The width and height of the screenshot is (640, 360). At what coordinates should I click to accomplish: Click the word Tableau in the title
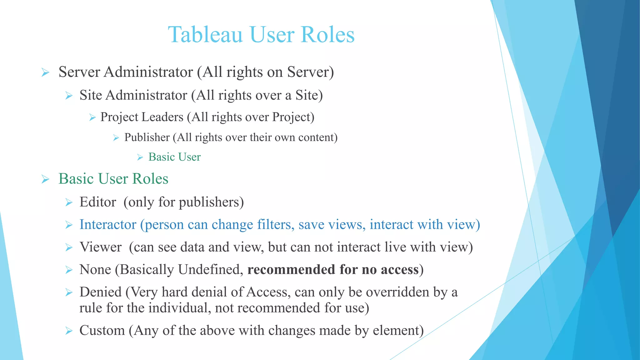205,34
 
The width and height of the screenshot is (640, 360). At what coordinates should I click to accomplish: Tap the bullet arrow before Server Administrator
45,73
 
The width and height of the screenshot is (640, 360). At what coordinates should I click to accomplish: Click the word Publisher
147,137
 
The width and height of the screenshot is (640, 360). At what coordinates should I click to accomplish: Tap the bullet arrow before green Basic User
140,157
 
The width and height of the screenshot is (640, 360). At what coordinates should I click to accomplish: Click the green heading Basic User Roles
113,179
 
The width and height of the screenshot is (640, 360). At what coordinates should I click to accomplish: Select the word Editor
98,202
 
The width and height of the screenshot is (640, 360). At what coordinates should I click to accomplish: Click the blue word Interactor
108,225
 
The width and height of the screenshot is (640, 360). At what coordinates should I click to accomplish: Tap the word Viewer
100,247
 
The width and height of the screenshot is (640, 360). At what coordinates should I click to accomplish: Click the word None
95,270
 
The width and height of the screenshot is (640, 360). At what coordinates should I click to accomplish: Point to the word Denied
100,292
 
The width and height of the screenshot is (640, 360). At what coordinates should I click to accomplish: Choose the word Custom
102,331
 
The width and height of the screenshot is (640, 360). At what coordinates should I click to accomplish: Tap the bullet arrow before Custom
69,331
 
